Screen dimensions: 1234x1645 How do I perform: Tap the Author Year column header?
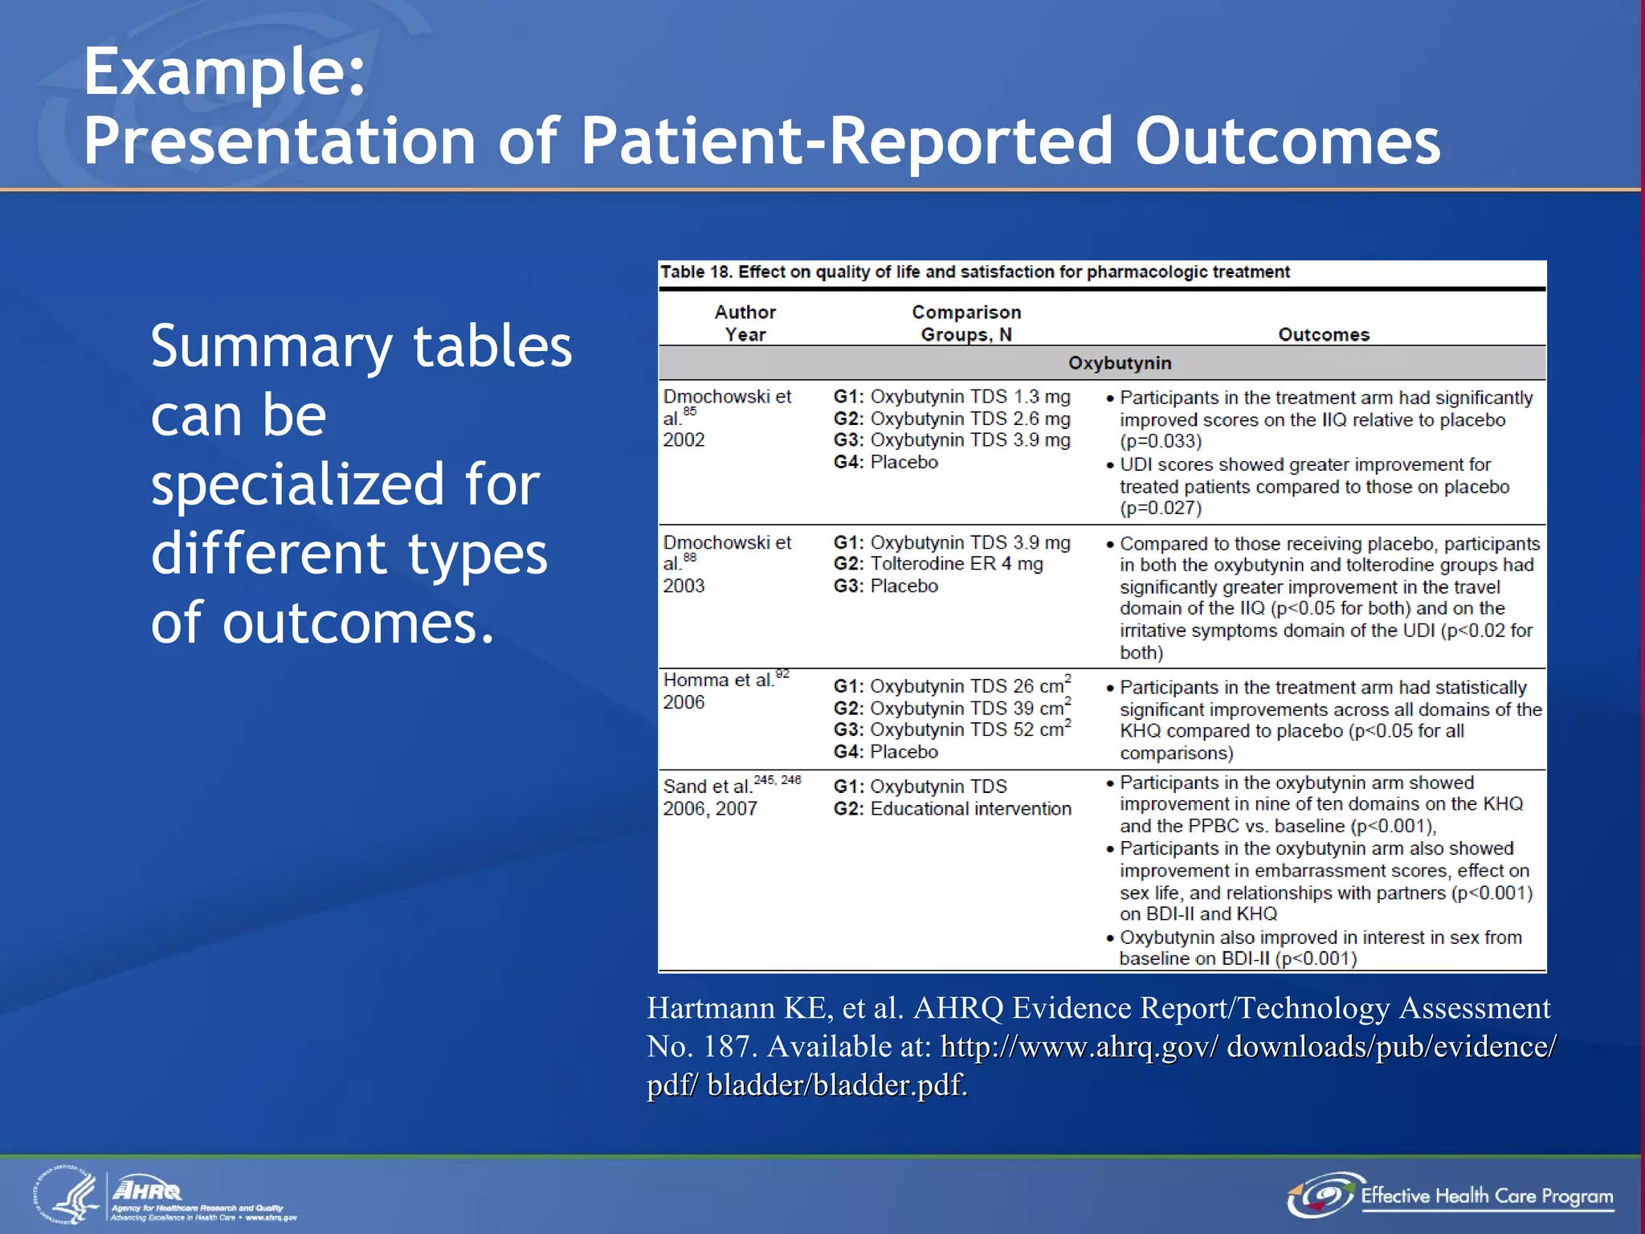coord(745,323)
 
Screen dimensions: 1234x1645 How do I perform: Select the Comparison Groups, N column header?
coord(965,323)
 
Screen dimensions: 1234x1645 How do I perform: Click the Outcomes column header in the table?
coord(1323,334)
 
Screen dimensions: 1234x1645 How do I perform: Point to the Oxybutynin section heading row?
coord(1119,363)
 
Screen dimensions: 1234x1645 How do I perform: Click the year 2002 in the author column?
coord(684,439)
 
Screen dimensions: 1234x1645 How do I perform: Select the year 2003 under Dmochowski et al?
coord(684,586)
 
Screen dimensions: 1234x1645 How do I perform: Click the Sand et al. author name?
coord(707,786)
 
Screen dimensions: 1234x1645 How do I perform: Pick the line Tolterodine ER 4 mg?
coord(956,564)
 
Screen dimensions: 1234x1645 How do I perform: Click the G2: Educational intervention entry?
coord(953,808)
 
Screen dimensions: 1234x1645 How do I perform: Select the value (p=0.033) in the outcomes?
coord(1161,441)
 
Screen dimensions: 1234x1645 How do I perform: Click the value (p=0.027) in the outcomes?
coord(1161,508)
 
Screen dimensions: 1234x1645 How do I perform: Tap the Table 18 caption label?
coord(696,272)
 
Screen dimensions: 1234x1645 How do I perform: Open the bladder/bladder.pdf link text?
coord(836,1085)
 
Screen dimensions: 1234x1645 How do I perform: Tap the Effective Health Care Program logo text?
coord(1486,1196)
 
